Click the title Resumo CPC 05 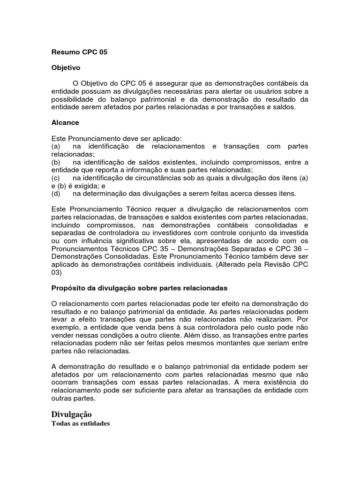(79, 52)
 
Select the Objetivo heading (66, 67)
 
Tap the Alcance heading (65, 122)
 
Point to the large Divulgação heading (71, 414)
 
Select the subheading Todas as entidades (80, 424)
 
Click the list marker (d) (56, 193)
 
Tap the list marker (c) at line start (56, 178)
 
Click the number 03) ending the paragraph (56, 272)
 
